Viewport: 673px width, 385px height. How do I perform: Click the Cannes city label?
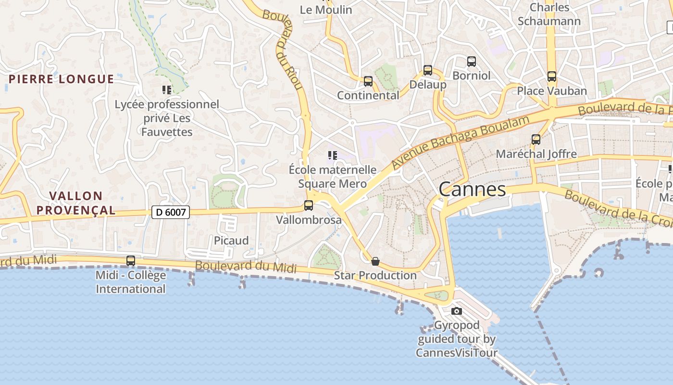click(x=472, y=189)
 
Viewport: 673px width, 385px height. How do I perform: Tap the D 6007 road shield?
click(x=171, y=212)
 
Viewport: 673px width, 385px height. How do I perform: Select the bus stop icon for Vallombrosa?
click(x=309, y=205)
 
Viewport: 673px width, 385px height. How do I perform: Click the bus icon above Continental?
click(x=368, y=81)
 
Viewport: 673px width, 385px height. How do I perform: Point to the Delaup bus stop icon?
click(x=428, y=70)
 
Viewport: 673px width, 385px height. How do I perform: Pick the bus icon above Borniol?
click(x=472, y=61)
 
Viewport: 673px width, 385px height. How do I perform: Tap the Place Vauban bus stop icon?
click(x=552, y=76)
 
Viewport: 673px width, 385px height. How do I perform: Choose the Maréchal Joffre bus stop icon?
click(x=536, y=140)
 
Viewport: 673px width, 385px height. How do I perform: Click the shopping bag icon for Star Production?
click(x=375, y=261)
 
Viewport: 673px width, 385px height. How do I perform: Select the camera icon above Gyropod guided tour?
click(x=457, y=311)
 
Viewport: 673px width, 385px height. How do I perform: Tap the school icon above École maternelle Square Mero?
click(x=332, y=155)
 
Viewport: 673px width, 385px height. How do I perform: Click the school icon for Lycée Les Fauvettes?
click(x=167, y=90)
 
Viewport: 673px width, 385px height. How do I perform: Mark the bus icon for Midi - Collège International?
click(x=131, y=261)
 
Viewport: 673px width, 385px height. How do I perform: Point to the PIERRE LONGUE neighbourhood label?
click(x=62, y=79)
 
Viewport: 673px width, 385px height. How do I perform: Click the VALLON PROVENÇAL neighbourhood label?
click(x=76, y=203)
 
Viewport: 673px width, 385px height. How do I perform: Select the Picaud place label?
click(x=231, y=241)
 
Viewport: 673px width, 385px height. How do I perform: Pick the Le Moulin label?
click(x=326, y=10)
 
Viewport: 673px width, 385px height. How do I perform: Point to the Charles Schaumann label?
click(x=549, y=14)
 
